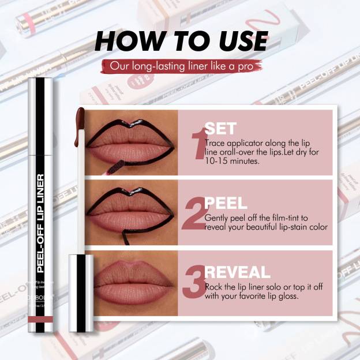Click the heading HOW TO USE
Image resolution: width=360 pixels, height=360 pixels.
click(x=180, y=41)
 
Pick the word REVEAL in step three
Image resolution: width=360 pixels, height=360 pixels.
click(x=237, y=272)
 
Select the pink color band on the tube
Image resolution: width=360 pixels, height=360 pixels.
click(x=42, y=319)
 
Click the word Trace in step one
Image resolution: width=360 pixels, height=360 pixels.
click(x=216, y=141)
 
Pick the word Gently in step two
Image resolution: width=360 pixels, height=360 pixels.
click(x=217, y=218)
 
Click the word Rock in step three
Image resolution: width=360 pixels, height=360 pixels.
click(x=215, y=287)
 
